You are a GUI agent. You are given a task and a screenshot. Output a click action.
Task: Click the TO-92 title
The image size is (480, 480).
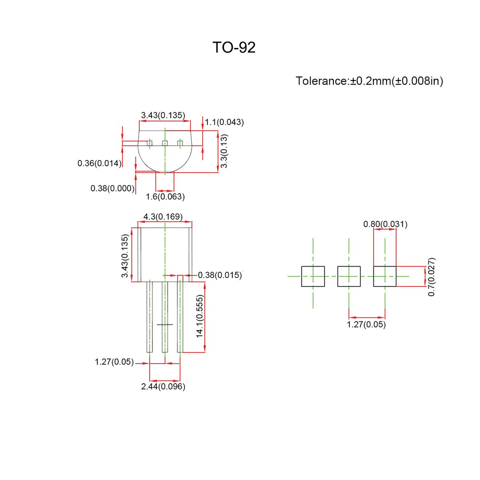pyautogui.click(x=234, y=48)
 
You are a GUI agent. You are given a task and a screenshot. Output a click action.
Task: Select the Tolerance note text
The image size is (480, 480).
pyautogui.click(x=369, y=81)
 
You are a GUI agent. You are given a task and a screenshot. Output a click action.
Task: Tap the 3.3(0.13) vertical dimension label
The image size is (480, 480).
pyautogui.click(x=225, y=151)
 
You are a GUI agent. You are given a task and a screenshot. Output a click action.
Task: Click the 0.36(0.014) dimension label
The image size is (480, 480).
pyautogui.click(x=100, y=163)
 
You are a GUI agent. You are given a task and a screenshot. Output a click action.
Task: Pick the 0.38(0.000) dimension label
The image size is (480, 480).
pyautogui.click(x=112, y=188)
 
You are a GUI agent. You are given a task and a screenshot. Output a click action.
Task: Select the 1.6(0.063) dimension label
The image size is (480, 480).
pyautogui.click(x=165, y=196)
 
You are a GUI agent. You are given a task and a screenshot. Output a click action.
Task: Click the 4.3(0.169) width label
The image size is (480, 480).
pyautogui.click(x=163, y=217)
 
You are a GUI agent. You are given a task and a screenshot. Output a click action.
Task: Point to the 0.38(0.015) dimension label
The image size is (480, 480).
pyautogui.click(x=220, y=275)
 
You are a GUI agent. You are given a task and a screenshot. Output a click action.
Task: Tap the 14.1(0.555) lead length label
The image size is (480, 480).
pyautogui.click(x=200, y=316)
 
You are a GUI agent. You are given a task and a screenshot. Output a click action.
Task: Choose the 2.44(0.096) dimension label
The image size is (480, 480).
pyautogui.click(x=163, y=387)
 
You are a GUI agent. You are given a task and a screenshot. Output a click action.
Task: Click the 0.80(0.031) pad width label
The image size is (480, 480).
pyautogui.click(x=385, y=224)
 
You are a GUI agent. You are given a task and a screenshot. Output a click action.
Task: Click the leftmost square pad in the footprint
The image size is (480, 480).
pyautogui.click(x=313, y=276)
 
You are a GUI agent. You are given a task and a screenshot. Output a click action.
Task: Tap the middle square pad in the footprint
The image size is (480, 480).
pyautogui.click(x=349, y=276)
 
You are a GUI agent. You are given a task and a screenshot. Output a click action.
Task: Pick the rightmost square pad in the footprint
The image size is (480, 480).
pyautogui.click(x=384, y=276)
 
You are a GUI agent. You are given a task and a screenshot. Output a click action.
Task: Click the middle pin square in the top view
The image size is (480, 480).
pyautogui.click(x=165, y=143)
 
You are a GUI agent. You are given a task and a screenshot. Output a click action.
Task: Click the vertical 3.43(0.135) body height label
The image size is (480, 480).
pyautogui.click(x=125, y=256)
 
